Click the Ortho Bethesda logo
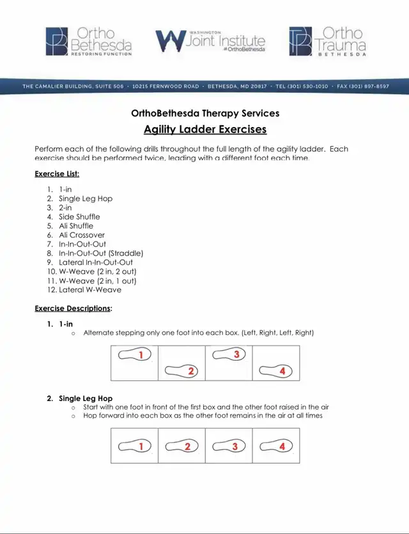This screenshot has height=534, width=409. pos(89,41)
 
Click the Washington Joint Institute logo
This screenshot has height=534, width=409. pos(210,41)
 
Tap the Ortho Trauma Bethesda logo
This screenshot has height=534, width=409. pos(328,41)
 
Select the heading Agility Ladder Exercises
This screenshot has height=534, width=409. pos(204,130)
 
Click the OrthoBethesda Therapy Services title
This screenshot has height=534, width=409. pos(204,114)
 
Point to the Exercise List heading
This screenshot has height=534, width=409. pos(57,173)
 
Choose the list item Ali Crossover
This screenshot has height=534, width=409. pos(82,235)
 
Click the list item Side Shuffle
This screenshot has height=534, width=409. pos(79,217)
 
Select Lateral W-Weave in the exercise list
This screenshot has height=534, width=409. pos(89,289)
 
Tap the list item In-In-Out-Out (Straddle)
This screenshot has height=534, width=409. pos(101,253)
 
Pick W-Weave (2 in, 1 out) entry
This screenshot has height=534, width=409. pos(97,280)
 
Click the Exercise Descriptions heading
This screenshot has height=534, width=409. pos(73,309)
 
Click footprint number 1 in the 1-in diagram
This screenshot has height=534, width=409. pos(135,355)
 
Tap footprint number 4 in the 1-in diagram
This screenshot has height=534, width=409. pos(276,370)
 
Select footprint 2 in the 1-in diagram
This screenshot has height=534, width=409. pos(182,370)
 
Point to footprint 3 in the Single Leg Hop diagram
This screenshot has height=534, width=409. pos(229,446)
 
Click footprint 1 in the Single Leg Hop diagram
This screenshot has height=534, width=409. pos(135,446)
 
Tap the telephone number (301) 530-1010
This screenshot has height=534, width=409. pos(303,86)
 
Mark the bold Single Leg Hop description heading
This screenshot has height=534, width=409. pos(86,399)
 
